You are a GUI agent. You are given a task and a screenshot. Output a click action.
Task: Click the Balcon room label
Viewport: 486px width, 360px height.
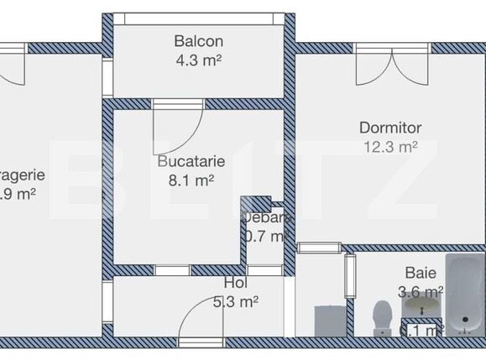pyautogui.click(x=198, y=40)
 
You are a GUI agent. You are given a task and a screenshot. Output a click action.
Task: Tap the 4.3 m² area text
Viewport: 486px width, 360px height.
pyautogui.click(x=198, y=60)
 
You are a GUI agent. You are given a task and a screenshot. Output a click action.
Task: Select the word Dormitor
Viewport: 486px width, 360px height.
pyautogui.click(x=389, y=128)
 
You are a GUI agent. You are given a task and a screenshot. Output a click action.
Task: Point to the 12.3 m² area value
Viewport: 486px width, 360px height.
pyautogui.click(x=389, y=147)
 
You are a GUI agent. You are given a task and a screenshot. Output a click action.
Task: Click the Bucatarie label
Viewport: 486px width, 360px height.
pyautogui.click(x=191, y=161)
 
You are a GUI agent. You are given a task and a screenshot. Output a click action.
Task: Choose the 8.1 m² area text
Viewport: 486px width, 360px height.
pyautogui.click(x=191, y=179)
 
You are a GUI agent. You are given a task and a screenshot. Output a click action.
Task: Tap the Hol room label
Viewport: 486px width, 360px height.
pyautogui.click(x=235, y=284)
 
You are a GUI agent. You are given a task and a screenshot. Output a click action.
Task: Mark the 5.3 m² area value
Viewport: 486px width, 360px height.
pyautogui.click(x=235, y=301)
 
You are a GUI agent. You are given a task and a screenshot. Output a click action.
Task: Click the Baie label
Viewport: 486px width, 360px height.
pyautogui.click(x=420, y=273)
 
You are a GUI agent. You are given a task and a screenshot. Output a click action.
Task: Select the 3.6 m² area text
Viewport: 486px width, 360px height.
pyautogui.click(x=421, y=291)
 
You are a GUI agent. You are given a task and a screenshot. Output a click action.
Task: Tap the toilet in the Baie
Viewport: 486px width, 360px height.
pyautogui.click(x=381, y=317)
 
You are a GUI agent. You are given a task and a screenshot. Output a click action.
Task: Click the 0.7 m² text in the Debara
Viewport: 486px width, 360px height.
pyautogui.click(x=265, y=236)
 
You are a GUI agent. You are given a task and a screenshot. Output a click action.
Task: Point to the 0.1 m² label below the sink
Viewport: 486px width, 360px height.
pyautogui.click(x=423, y=330)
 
